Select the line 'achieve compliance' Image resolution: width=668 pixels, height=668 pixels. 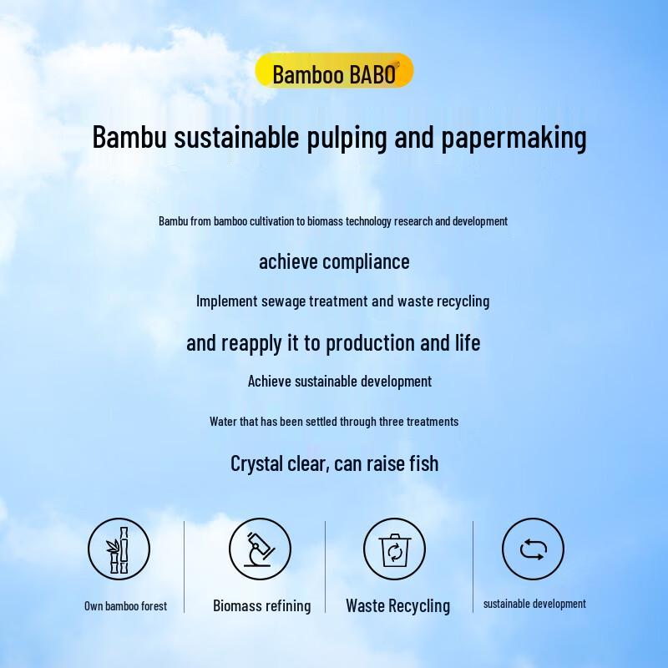pyautogui.click(x=334, y=261)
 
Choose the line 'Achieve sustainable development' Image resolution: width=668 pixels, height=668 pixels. pyautogui.click(x=340, y=382)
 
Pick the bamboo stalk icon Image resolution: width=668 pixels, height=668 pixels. pyautogui.click(x=119, y=549)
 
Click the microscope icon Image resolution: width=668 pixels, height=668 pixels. pyautogui.click(x=260, y=549)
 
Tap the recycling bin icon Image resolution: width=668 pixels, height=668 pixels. pyautogui.click(x=393, y=549)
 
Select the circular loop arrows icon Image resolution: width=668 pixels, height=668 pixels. pyautogui.click(x=532, y=549)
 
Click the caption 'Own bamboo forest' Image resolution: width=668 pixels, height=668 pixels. pyautogui.click(x=125, y=606)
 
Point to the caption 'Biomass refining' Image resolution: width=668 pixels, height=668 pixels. pyautogui.click(x=261, y=606)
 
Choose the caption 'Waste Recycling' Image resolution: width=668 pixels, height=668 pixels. pyautogui.click(x=397, y=606)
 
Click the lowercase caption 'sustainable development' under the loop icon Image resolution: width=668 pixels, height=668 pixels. pyautogui.click(x=534, y=604)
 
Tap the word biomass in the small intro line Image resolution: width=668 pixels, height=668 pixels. pyautogui.click(x=326, y=221)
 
